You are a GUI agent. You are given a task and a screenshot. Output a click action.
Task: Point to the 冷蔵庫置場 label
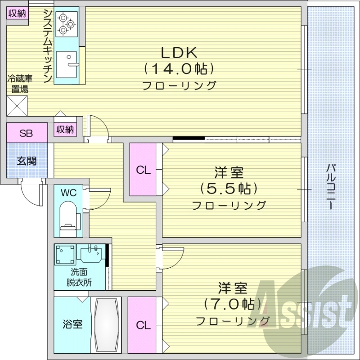pos(18,84)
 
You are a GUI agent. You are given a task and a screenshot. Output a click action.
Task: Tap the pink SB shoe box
pos(27,133)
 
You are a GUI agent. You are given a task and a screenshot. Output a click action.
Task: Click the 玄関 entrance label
pos(27,161)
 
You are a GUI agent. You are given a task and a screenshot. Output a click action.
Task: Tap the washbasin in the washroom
pos(93,254)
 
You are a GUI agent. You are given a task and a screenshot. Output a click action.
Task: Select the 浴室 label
pos(72,324)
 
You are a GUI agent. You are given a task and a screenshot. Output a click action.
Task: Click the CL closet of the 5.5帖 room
pos(143,170)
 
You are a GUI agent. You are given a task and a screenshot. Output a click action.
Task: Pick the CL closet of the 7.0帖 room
pos(143,324)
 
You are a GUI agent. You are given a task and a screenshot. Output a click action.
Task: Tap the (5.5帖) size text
pos(229,188)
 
